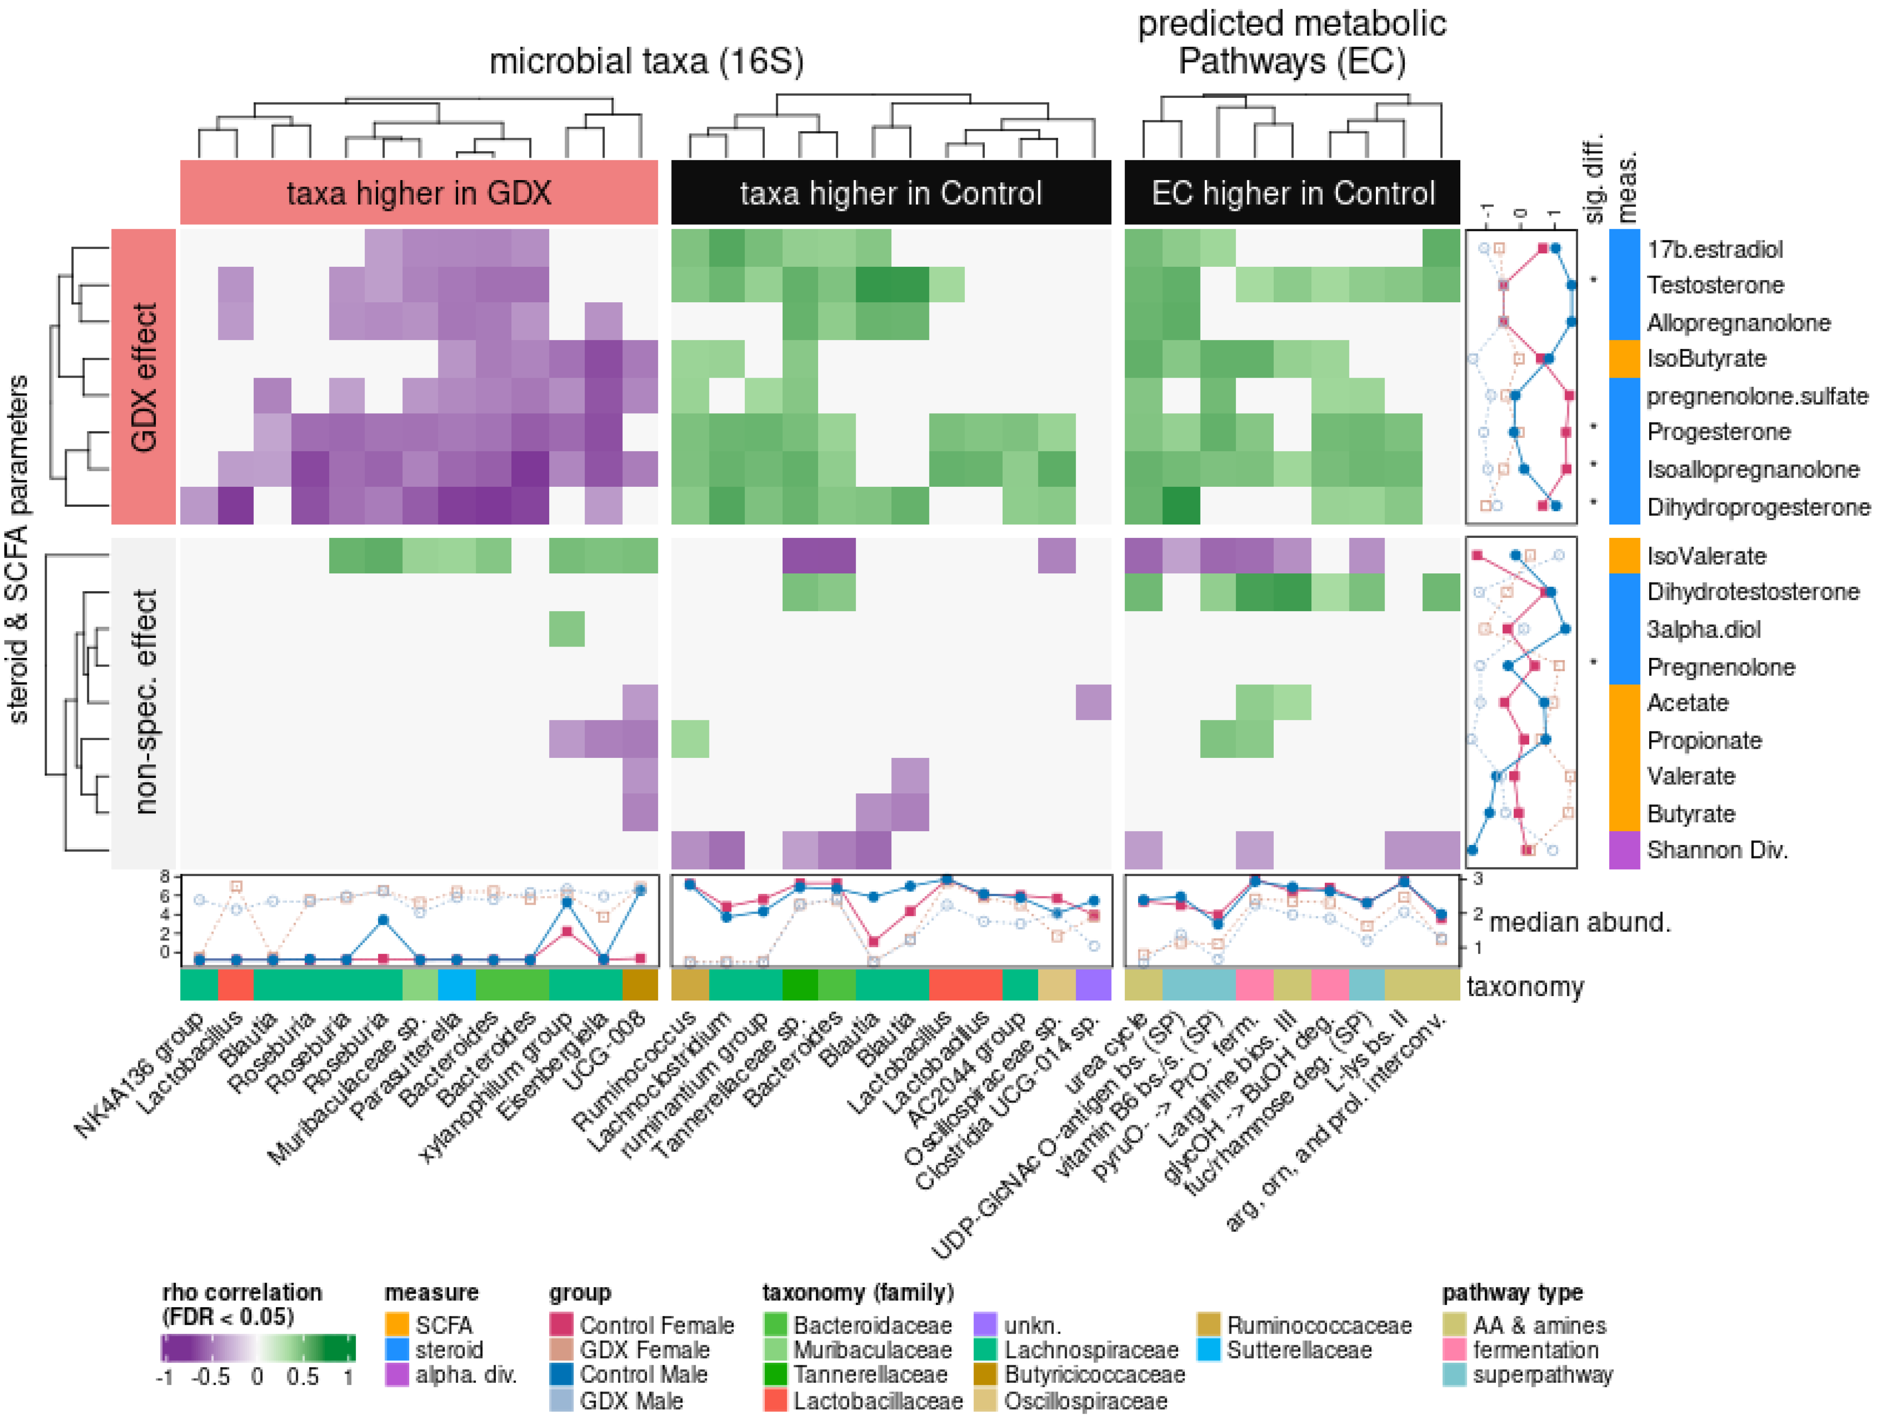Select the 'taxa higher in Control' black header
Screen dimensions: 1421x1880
tap(891, 193)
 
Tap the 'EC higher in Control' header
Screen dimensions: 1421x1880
tap(1292, 193)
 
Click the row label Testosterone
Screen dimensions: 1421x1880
tap(1715, 285)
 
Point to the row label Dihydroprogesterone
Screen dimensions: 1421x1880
tap(1757, 508)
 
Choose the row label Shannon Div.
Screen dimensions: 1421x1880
tap(1717, 850)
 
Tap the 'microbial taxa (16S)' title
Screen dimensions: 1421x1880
tap(646, 61)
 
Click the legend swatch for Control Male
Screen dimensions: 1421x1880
tap(561, 1374)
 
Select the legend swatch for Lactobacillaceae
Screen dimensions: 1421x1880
tap(775, 1400)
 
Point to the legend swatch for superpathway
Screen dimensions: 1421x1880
tap(1454, 1374)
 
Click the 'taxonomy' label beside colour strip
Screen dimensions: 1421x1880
tap(1525, 987)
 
